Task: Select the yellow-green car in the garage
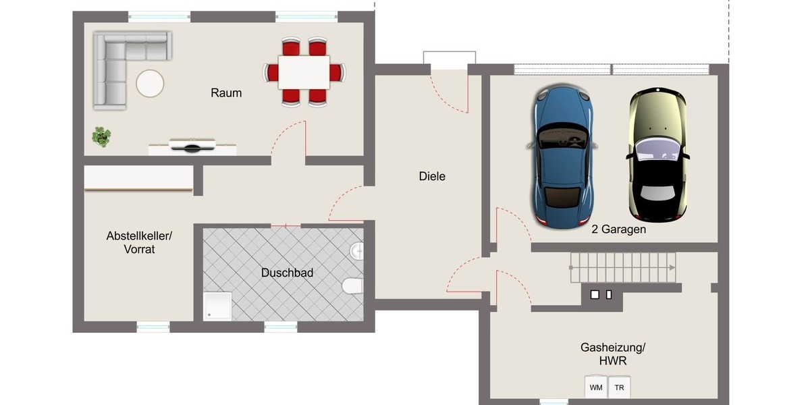click(657, 155)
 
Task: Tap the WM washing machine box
click(596, 387)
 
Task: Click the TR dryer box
click(619, 387)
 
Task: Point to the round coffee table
click(150, 84)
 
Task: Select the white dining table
click(304, 72)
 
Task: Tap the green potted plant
click(101, 136)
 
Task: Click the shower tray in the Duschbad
click(218, 306)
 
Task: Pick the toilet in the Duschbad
click(352, 287)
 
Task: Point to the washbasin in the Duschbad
click(357, 252)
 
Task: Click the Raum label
click(226, 93)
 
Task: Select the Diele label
click(432, 176)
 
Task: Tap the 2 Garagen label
click(619, 230)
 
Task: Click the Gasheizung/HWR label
click(613, 354)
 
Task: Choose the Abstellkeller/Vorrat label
click(139, 242)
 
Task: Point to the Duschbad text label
click(287, 273)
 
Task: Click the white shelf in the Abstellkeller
click(138, 179)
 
